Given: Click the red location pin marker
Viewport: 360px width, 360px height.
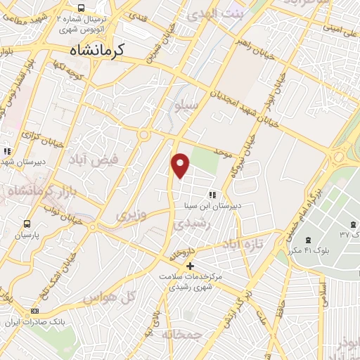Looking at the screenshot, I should (x=181, y=165).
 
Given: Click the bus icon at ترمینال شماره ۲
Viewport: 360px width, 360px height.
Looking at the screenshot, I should (x=82, y=6).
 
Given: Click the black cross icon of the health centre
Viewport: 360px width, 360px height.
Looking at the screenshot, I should (x=188, y=266).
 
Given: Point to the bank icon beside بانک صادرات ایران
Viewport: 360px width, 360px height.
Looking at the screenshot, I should (x=35, y=311).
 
